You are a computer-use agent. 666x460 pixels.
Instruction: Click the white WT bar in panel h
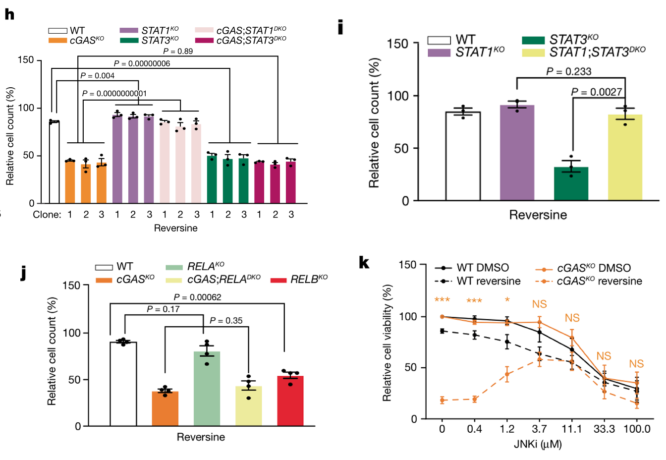pyautogui.click(x=54, y=162)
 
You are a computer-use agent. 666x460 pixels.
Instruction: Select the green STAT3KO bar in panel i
pyautogui.click(x=571, y=183)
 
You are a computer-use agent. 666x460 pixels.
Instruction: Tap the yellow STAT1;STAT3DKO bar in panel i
pyautogui.click(x=625, y=158)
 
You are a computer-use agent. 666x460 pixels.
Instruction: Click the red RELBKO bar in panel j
pyautogui.click(x=290, y=401)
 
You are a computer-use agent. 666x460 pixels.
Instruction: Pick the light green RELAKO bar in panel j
pyautogui.click(x=207, y=389)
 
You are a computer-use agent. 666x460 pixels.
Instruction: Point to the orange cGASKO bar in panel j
pyautogui.click(x=165, y=408)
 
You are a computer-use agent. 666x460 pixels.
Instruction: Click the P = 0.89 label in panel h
pyautogui.click(x=178, y=51)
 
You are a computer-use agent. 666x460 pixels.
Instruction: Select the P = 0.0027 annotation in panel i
pyautogui.click(x=596, y=92)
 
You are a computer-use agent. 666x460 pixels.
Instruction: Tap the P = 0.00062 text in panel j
pyautogui.click(x=197, y=297)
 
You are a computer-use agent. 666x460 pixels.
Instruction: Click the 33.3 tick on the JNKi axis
pyautogui.click(x=604, y=429)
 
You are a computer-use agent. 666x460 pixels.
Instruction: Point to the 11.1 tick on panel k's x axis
pyautogui.click(x=572, y=429)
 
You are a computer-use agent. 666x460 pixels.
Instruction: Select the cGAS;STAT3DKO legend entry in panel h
pyautogui.click(x=241, y=40)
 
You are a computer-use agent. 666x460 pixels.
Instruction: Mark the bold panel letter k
pyautogui.click(x=364, y=262)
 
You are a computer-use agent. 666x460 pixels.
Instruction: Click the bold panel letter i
pyautogui.click(x=340, y=27)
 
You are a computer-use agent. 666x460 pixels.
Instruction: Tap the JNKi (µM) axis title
pyautogui.click(x=538, y=444)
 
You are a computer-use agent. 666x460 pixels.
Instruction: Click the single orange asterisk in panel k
pyautogui.click(x=507, y=300)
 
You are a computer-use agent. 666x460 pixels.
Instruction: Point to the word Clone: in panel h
pyautogui.click(x=47, y=215)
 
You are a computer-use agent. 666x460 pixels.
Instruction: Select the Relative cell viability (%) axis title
pyautogui.click(x=387, y=343)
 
